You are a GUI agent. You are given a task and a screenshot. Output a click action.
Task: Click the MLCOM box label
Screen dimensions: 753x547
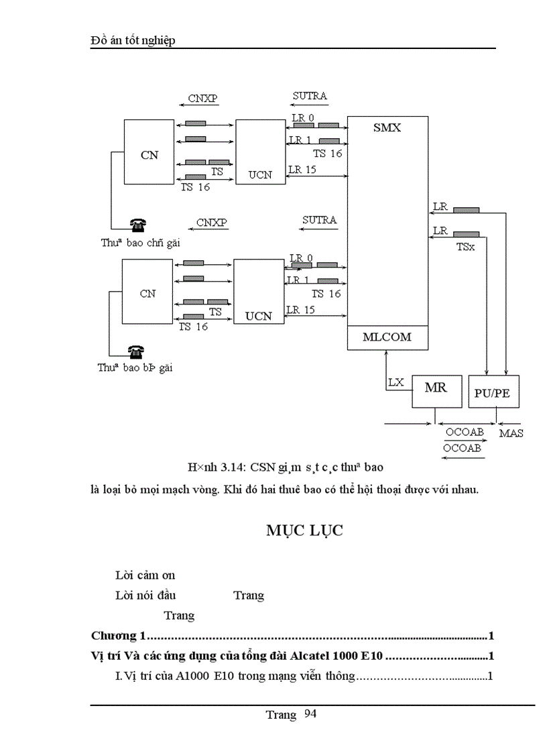tap(387, 338)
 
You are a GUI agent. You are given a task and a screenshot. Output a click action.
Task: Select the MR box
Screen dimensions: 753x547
tap(436, 389)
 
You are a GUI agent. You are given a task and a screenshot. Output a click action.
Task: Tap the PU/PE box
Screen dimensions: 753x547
tap(492, 392)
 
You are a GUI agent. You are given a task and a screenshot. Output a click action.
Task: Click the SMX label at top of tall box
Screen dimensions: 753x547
tap(387, 127)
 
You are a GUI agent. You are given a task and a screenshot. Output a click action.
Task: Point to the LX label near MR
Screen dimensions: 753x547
tap(396, 382)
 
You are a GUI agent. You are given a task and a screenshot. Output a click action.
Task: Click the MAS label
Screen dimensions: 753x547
tap(511, 433)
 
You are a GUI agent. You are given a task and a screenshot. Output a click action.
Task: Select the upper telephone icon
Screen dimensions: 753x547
tap(139, 225)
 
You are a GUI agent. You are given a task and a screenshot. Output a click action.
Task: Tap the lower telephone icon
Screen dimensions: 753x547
tap(137, 351)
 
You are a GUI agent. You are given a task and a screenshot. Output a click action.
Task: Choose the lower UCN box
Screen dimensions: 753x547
tap(258, 293)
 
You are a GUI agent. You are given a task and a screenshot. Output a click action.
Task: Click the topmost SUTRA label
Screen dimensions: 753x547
tap(310, 96)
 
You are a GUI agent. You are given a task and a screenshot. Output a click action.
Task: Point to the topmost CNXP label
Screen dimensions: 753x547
tap(202, 99)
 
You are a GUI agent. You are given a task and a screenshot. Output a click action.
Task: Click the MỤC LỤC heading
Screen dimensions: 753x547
tap(304, 530)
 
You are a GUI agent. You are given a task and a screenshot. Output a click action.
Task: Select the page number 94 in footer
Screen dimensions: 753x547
tap(310, 714)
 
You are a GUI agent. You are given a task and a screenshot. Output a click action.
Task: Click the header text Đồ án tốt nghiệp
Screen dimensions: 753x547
tap(132, 41)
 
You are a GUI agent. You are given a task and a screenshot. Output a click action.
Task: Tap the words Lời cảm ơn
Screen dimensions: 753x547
tap(145, 575)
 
